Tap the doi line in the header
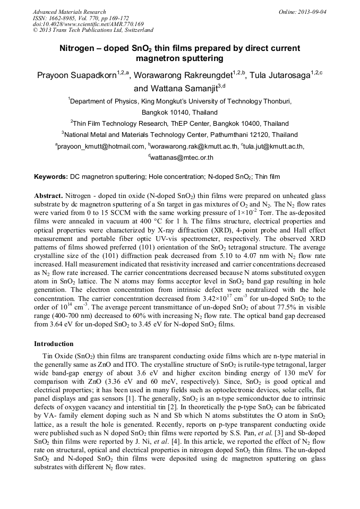click(88, 24)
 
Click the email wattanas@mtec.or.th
click(182, 158)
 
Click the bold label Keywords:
click(51, 176)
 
